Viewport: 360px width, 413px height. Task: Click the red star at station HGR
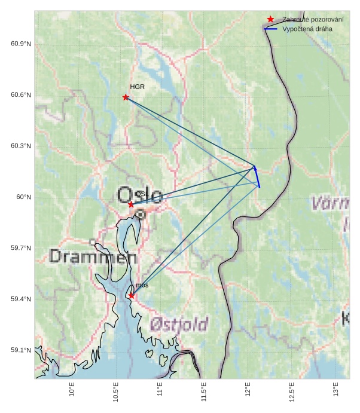tap(126, 97)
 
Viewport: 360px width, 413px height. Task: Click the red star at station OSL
tap(131, 204)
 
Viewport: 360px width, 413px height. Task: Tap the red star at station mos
tap(132, 295)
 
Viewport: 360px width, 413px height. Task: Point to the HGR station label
tap(138, 87)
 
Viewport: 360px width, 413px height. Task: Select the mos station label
tap(142, 286)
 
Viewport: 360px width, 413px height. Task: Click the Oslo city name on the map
tap(140, 195)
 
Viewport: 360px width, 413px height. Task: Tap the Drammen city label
tap(93, 257)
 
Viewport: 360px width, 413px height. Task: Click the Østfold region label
tap(179, 325)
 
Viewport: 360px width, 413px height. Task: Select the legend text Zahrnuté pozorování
tap(309, 19)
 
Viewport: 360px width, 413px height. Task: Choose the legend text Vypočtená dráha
tap(307, 28)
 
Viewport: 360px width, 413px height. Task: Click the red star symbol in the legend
tap(271, 19)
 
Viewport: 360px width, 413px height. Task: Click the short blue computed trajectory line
tap(257, 177)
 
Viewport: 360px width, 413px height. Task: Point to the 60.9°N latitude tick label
tap(21, 44)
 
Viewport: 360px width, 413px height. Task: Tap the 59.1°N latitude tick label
tap(21, 350)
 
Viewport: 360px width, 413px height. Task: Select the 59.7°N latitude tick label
tap(21, 248)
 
